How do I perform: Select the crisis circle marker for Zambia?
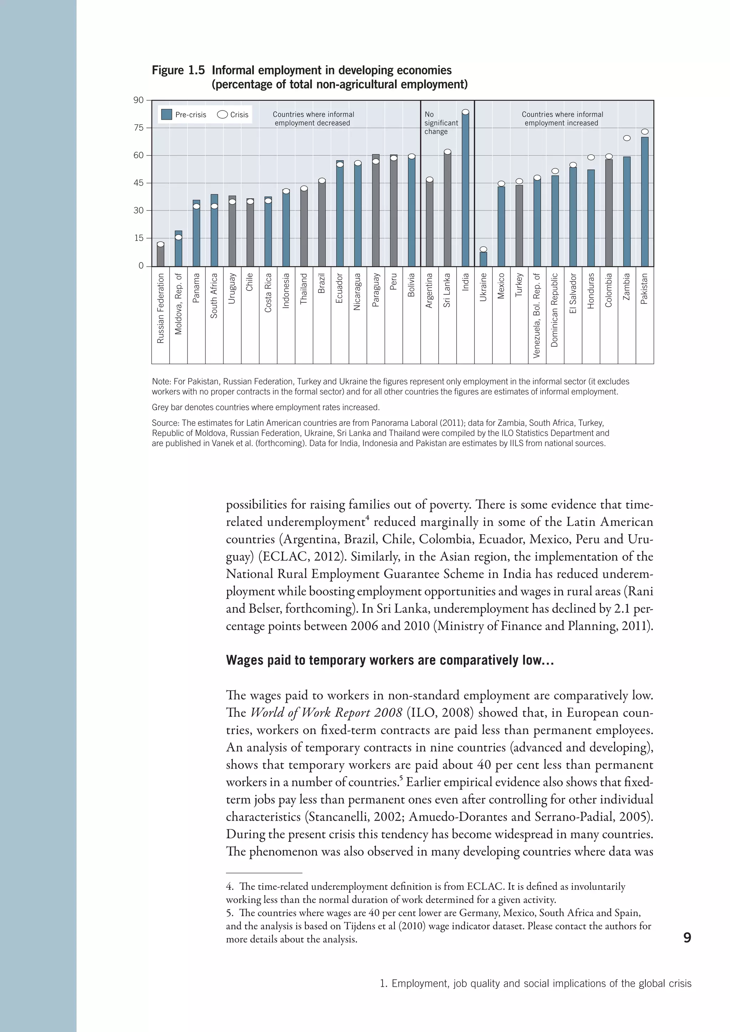(x=627, y=138)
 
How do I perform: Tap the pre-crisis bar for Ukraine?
(x=483, y=259)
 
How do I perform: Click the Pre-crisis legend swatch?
(x=166, y=115)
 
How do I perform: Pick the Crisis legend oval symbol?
(x=222, y=115)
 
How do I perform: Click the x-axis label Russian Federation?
(x=160, y=308)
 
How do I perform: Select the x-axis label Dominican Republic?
(x=555, y=310)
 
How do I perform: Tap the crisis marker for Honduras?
(x=591, y=157)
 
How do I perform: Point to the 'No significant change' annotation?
(x=441, y=123)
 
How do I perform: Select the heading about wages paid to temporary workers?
(x=389, y=660)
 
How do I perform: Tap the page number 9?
(x=687, y=937)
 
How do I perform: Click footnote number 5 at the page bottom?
(x=229, y=913)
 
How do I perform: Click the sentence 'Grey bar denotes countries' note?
(x=265, y=407)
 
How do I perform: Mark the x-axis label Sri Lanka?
(x=447, y=290)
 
